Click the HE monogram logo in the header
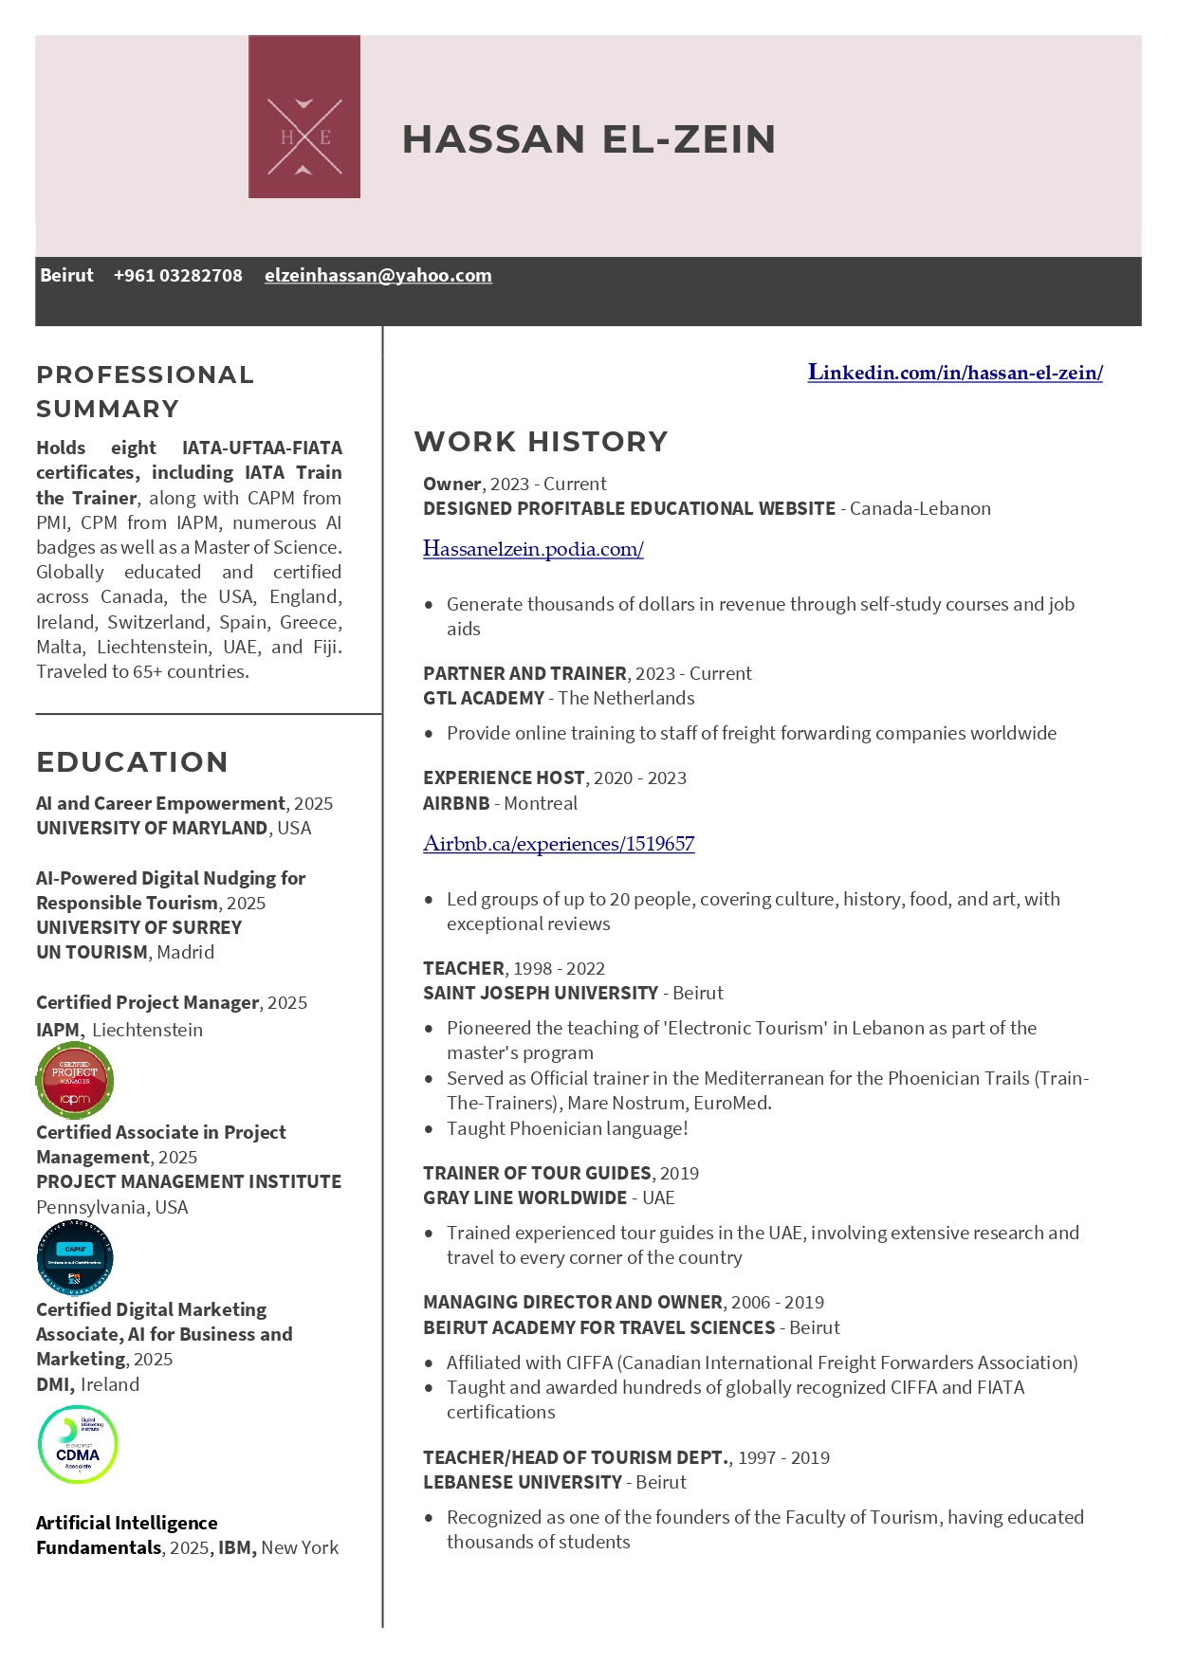tap(303, 117)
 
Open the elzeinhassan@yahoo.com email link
tap(377, 276)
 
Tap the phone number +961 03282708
tap(177, 276)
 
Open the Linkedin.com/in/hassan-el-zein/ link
tap(954, 373)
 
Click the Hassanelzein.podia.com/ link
tap(533, 549)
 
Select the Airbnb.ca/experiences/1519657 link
tap(559, 844)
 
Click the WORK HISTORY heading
tap(541, 442)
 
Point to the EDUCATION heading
tap(132, 762)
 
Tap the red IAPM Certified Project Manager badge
tap(75, 1080)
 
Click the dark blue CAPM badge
tap(75, 1257)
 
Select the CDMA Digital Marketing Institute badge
tap(78, 1444)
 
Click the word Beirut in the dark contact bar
tap(66, 276)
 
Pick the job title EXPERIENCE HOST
tap(504, 778)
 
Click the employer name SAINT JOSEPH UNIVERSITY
tap(541, 993)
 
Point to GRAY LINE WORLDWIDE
tap(524, 1198)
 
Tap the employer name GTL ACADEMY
tap(484, 699)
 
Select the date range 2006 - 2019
tap(778, 1302)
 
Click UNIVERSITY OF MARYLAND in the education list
tap(152, 828)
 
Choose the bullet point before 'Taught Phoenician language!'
tap(430, 1129)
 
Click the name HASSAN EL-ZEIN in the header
tap(589, 139)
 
